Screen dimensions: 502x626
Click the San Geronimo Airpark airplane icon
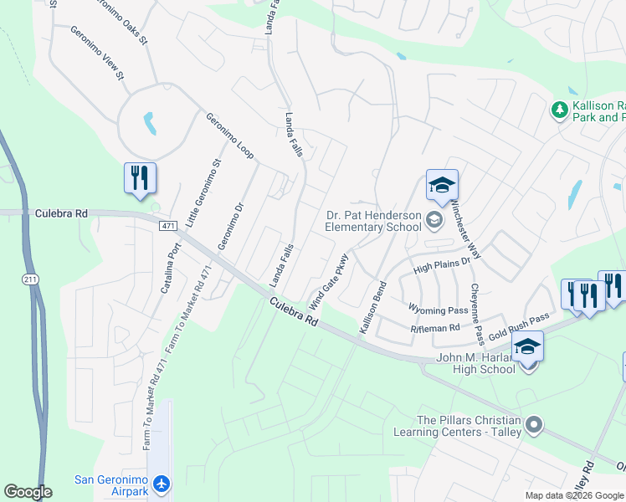tap(162, 484)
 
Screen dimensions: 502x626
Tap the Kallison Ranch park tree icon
tap(559, 110)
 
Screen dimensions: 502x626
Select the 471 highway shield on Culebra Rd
tap(167, 226)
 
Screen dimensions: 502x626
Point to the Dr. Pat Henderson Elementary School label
tap(372, 221)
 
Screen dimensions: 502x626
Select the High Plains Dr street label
tap(443, 267)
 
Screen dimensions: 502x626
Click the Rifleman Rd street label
tap(435, 329)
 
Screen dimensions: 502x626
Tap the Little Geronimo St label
tap(204, 193)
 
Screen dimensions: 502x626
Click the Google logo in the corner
tap(28, 492)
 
